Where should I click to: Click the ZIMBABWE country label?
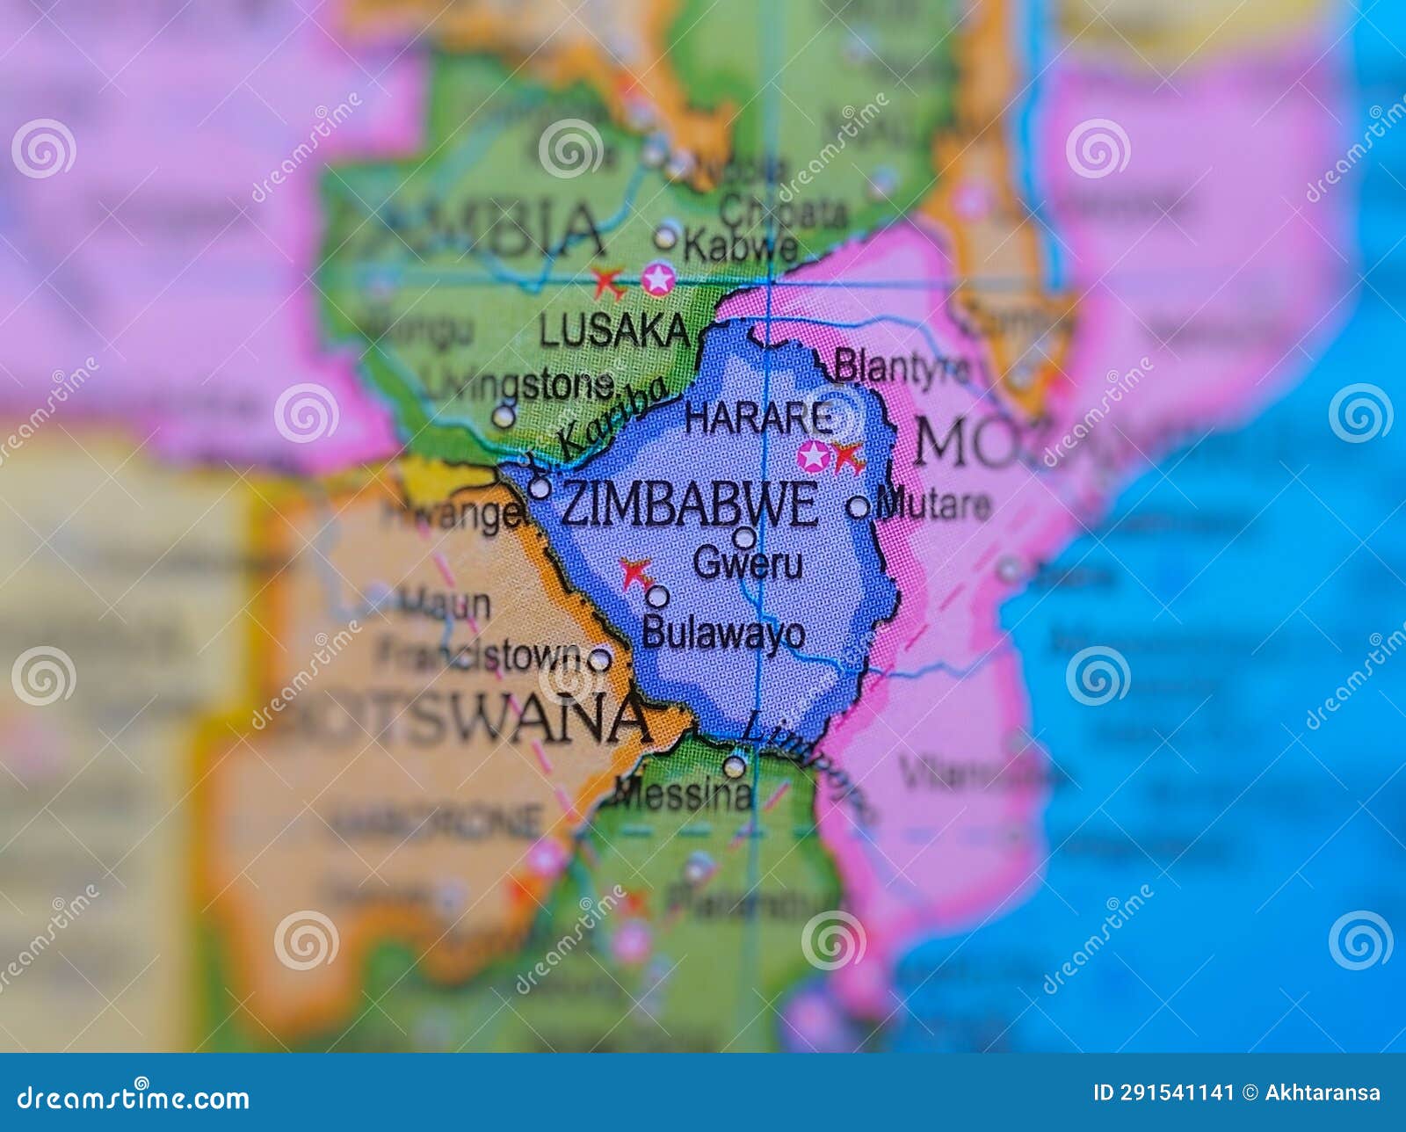click(x=688, y=505)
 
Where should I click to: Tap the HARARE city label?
click(x=757, y=418)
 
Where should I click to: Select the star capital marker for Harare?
click(x=814, y=456)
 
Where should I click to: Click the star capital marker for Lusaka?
click(x=658, y=279)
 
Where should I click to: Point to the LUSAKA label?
click(x=614, y=331)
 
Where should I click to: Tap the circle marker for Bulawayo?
click(x=657, y=597)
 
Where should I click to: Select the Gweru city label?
click(x=748, y=562)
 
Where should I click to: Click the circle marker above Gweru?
click(x=744, y=537)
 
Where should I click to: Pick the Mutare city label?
click(x=934, y=504)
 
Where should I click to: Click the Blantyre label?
click(x=901, y=366)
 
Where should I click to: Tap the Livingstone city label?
click(x=519, y=384)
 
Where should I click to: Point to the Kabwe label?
click(x=740, y=246)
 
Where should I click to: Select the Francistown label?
click(x=480, y=656)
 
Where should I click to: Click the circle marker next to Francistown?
click(x=600, y=658)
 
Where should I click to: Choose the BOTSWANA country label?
click(x=457, y=719)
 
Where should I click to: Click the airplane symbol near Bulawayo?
click(x=635, y=573)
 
